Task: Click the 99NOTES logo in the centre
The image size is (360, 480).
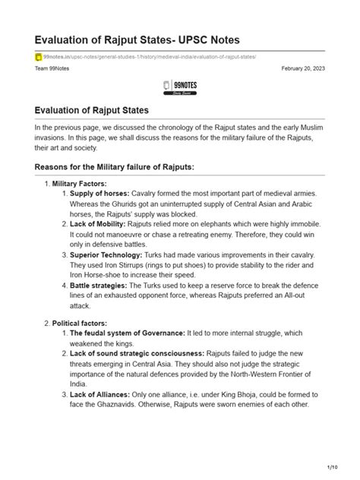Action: tap(180, 87)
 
